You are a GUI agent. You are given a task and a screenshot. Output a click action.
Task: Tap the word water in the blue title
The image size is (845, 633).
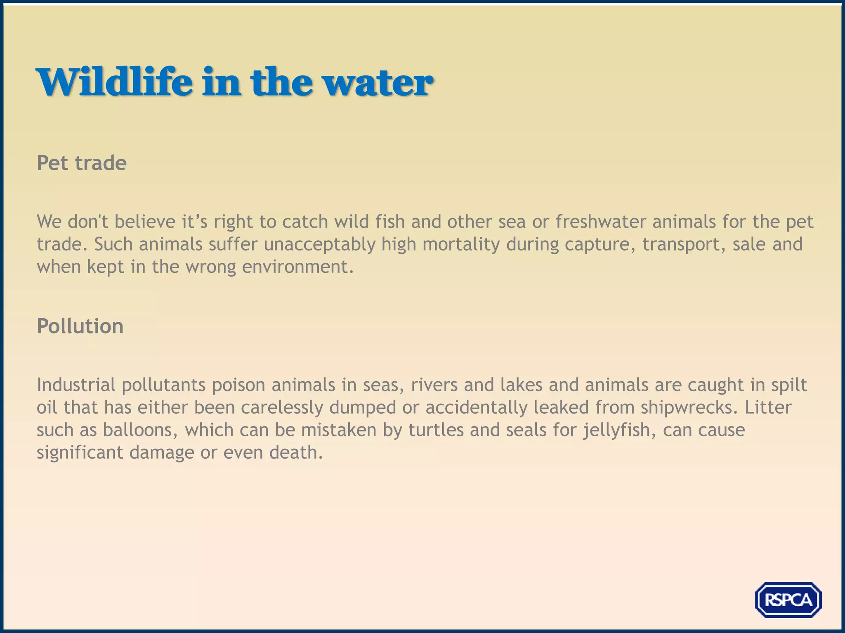378,82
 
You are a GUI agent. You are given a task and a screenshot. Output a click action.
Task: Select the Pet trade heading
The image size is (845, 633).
82,163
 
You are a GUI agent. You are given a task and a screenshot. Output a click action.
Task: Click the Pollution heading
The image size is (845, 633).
80,326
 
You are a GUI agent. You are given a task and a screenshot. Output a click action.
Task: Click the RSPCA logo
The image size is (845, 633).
788,600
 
